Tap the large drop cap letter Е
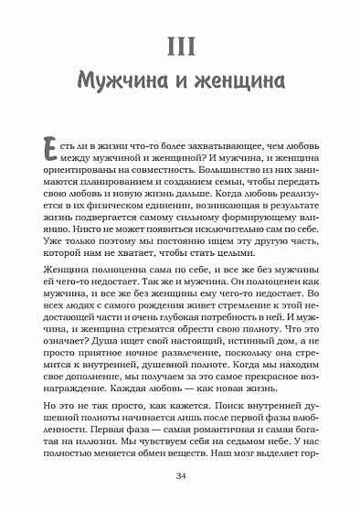(52, 151)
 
